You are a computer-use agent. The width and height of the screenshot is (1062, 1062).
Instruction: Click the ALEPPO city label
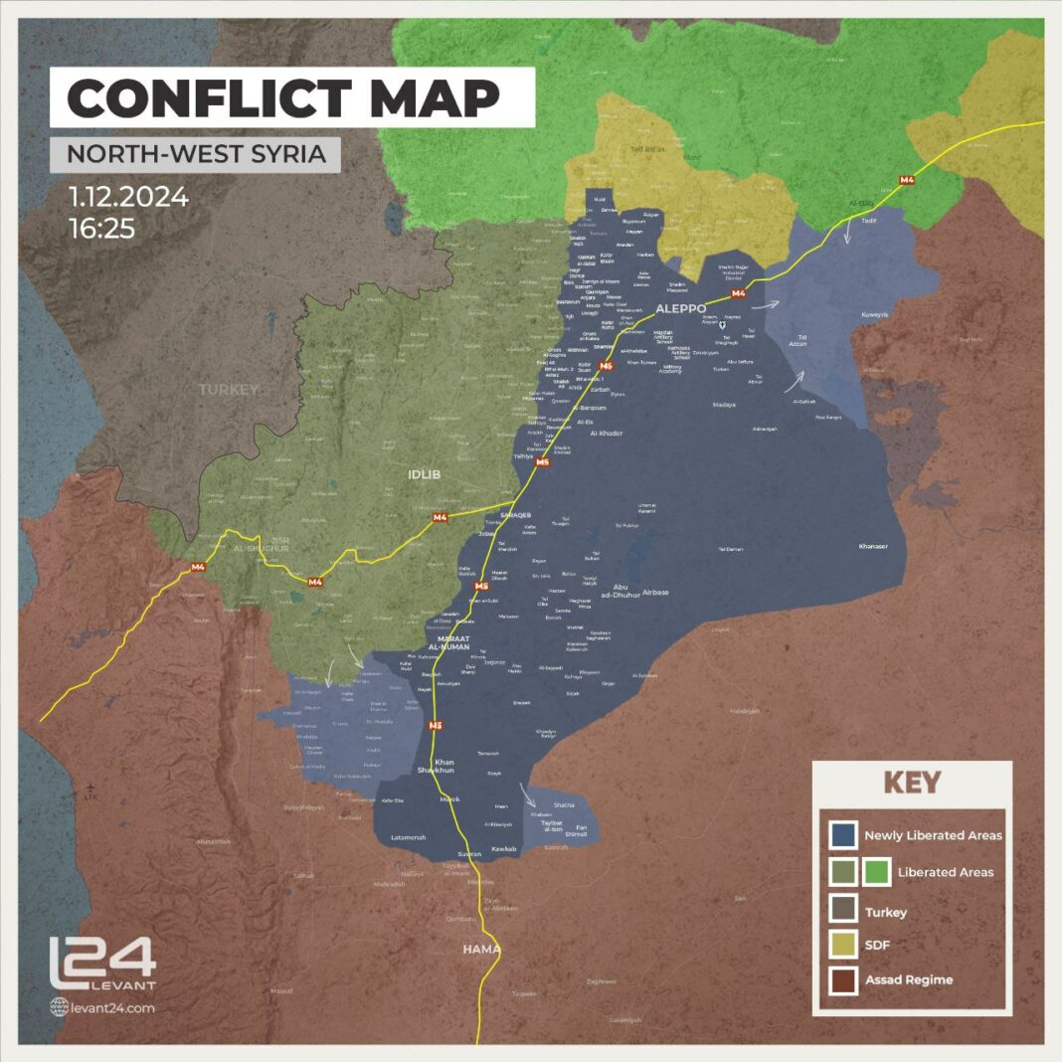[680, 308]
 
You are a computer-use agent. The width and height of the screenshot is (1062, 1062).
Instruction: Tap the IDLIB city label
[425, 474]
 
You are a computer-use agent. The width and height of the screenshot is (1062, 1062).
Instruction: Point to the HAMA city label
[481, 949]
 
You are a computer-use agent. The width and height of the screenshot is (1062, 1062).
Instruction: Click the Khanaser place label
[875, 546]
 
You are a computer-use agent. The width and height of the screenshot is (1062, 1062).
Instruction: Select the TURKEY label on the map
[229, 389]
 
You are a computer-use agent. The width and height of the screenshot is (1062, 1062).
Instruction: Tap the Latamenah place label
[408, 837]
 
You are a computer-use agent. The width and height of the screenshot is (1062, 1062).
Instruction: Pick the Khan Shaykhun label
[437, 766]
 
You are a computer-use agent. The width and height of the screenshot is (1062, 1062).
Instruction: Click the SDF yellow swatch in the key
[843, 946]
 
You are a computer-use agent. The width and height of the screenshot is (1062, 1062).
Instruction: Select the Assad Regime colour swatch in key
[843, 980]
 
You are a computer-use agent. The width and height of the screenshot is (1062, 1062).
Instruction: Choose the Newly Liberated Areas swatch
[843, 835]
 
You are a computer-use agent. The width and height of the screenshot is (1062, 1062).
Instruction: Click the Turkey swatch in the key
[843, 910]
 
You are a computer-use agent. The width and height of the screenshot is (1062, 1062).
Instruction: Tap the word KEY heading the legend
[912, 783]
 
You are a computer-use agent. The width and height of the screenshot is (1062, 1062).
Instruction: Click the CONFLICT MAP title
[283, 97]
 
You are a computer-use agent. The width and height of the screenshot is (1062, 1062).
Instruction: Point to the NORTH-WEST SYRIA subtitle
[195, 155]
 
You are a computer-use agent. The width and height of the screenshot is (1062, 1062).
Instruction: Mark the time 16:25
[102, 229]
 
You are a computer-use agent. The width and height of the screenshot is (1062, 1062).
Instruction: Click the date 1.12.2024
[128, 198]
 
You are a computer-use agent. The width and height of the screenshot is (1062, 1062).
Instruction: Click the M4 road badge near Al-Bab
[906, 180]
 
